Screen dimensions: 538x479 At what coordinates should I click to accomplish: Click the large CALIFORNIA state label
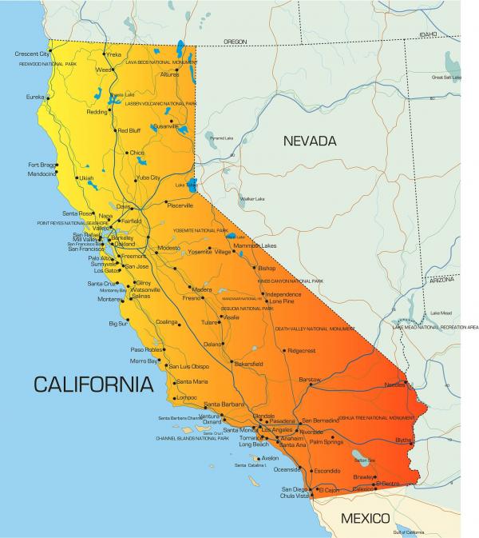tap(93, 385)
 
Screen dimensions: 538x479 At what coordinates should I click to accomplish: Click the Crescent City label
tap(32, 54)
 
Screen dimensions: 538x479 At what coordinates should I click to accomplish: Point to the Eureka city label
tap(35, 97)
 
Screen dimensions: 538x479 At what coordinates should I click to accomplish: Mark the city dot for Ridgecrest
tap(284, 351)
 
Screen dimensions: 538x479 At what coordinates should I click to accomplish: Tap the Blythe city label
tap(403, 439)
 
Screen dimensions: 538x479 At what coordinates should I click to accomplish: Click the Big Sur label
tap(117, 324)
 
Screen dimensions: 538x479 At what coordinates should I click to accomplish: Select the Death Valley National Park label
tap(315, 329)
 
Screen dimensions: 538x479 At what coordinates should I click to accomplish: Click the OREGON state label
tap(235, 41)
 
